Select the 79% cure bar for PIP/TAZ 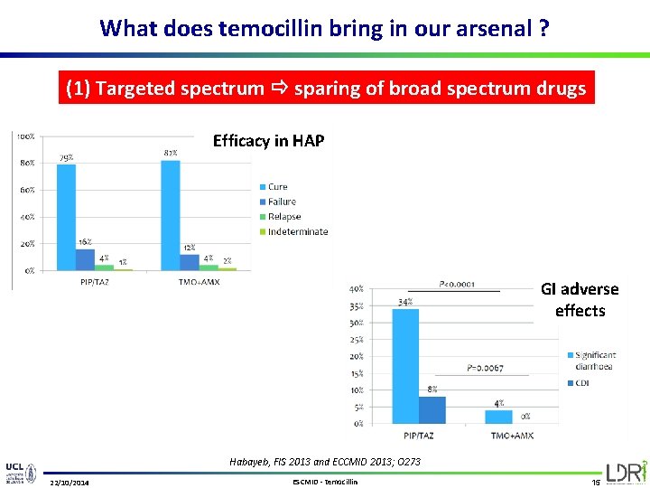66,217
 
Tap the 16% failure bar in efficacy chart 86,259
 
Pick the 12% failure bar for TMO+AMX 190,262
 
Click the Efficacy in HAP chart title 268,140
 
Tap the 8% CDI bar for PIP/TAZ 432,409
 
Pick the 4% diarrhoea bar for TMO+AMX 498,417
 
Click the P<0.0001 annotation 457,285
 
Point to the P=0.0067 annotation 485,368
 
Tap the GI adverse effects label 580,300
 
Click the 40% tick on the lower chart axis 357,289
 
